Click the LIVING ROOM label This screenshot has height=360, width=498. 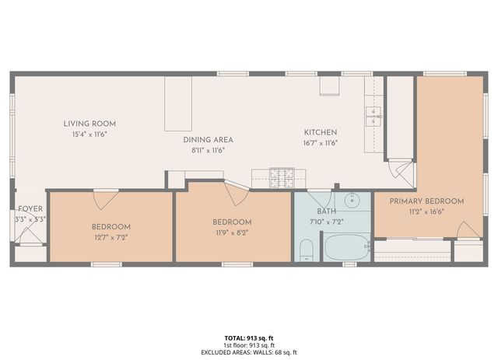[x=89, y=123]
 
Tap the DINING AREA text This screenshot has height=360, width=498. [x=208, y=140]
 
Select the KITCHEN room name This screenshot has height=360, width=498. [x=320, y=132]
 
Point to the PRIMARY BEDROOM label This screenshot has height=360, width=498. [x=426, y=201]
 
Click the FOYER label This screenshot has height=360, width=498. [x=30, y=209]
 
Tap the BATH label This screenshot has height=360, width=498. [x=326, y=211]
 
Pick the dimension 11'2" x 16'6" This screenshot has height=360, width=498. [x=426, y=211]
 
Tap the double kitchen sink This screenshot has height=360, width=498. [x=374, y=117]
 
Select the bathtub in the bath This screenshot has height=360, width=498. [x=346, y=248]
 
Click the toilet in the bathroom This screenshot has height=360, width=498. [x=307, y=250]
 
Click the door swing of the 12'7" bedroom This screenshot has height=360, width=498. [x=102, y=199]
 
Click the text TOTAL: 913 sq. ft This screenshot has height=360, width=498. [x=248, y=337]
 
